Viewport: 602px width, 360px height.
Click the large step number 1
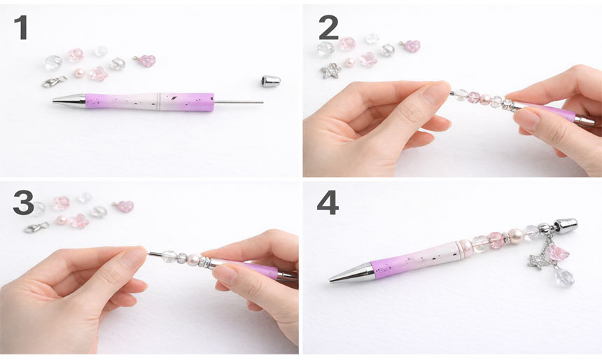tap(21, 27)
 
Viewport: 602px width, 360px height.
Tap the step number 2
tap(328, 27)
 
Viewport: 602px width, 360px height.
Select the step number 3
tap(23, 203)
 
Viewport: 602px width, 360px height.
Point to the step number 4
tap(328, 203)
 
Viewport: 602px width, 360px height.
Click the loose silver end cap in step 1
tap(271, 81)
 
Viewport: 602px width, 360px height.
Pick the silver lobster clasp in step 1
tap(55, 81)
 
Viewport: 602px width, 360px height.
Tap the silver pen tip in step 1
tap(69, 100)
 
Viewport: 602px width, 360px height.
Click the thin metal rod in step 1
tap(239, 102)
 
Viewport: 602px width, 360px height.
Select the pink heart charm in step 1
tap(146, 61)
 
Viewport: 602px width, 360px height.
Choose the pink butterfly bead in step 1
tap(99, 74)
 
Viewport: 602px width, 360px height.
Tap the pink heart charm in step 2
tap(411, 46)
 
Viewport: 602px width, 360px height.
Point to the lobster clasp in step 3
tap(37, 227)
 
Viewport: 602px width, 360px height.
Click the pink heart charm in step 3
tap(125, 206)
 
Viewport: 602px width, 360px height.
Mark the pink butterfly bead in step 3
tap(80, 221)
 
